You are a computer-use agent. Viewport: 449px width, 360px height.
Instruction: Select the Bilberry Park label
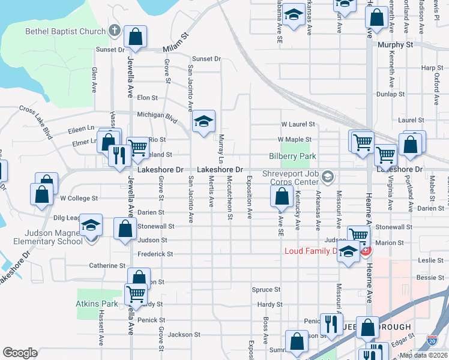point(292,156)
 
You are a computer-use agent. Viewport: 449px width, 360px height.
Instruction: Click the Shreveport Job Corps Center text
point(291,178)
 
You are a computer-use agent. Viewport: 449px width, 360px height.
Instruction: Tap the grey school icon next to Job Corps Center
point(328,176)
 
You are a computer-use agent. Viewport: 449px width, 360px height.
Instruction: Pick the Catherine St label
point(107,265)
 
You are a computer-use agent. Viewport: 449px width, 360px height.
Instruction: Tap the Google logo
point(20,352)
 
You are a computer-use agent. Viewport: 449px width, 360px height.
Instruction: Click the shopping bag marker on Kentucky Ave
point(282,196)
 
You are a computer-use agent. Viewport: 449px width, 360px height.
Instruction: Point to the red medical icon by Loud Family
point(364,250)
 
